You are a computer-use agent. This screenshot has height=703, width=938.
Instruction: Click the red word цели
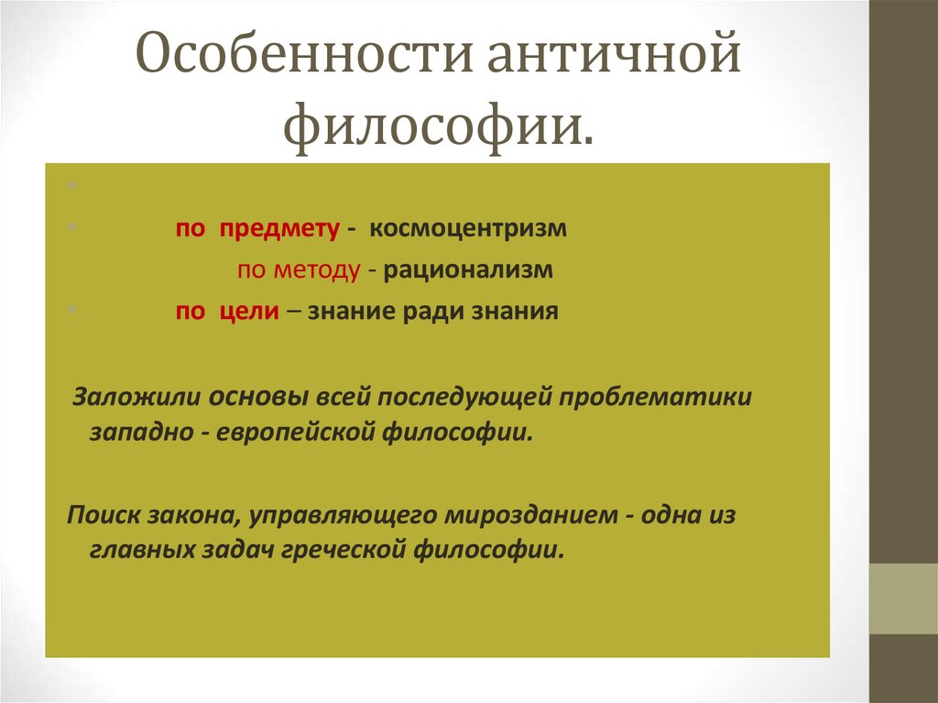(248, 312)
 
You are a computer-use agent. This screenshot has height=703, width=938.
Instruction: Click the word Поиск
(101, 515)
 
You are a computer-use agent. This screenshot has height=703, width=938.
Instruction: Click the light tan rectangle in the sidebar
(903, 599)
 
